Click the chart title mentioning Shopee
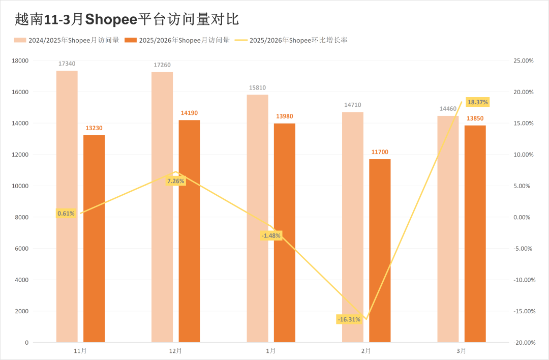coord(127,19)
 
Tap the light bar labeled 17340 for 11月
coord(67,206)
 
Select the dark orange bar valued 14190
coord(189,231)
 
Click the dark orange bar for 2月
coord(380,250)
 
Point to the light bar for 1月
coord(257,218)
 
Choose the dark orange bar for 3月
coord(475,233)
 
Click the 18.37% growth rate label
coord(477,102)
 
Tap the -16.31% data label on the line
coord(349,319)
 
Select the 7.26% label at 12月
coord(175,181)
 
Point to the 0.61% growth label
coord(66,214)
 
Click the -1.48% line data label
coord(271,235)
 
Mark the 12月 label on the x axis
coord(175,351)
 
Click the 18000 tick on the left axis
coord(20,61)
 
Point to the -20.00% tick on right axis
coord(524,343)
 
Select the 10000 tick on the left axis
coord(20,186)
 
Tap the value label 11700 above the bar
coord(380,152)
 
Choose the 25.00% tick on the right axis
coord(524,61)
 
